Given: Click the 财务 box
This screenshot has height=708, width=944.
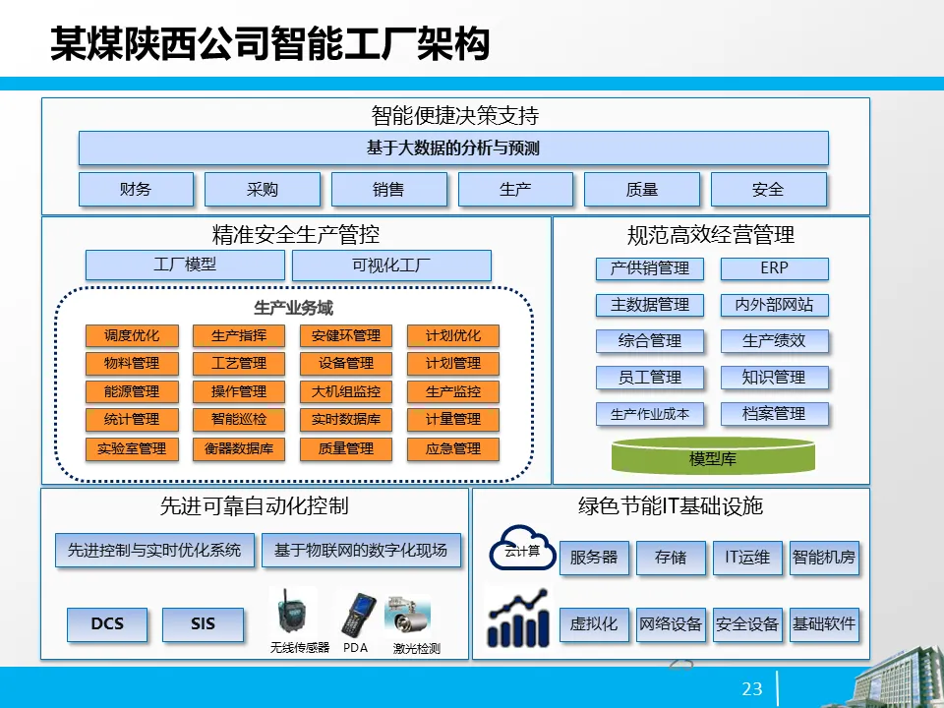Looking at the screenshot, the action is [x=136, y=189].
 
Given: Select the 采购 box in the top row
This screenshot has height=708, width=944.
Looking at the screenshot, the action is [x=263, y=189].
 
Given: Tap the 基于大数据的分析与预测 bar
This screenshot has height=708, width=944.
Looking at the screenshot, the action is [x=453, y=148].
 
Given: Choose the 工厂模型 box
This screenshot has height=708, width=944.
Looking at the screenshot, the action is [x=185, y=265].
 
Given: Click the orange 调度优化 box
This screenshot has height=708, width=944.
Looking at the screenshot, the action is [x=132, y=335].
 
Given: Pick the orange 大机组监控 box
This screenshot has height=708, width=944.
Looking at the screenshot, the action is [x=346, y=391].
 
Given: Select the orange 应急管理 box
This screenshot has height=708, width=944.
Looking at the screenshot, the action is [x=453, y=449].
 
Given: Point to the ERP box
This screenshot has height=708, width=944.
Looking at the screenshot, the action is [x=775, y=267].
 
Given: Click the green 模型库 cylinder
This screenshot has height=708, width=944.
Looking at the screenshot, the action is [x=713, y=457].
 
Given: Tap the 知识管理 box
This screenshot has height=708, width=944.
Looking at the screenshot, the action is [x=775, y=377].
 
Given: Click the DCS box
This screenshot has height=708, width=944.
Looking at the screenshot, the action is [x=107, y=623].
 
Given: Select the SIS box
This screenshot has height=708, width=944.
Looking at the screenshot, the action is [x=203, y=623].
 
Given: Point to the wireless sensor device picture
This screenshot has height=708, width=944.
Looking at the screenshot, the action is [x=293, y=615].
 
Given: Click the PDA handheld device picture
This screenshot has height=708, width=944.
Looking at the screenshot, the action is [x=355, y=615].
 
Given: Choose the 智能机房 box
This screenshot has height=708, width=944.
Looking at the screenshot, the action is [x=824, y=558].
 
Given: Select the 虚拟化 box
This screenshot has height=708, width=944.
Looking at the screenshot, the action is [x=594, y=623].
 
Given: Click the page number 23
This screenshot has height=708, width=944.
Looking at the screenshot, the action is [x=752, y=689].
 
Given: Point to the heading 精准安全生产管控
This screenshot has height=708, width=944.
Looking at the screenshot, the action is [x=296, y=235].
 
